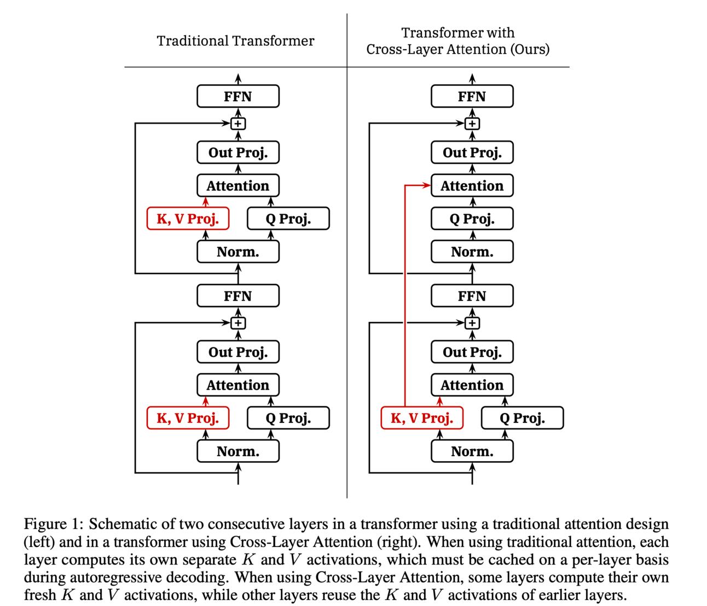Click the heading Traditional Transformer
click(x=235, y=41)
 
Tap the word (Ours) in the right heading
click(x=530, y=49)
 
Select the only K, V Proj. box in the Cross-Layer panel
click(x=422, y=418)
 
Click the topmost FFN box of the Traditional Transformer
click(x=238, y=96)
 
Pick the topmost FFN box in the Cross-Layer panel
click(x=472, y=96)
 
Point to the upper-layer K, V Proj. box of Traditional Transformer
click(x=188, y=219)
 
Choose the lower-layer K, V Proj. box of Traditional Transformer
click(x=188, y=418)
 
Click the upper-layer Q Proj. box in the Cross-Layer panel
click(x=472, y=219)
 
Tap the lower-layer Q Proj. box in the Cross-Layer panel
click(x=522, y=418)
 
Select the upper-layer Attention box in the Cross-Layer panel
click(x=472, y=186)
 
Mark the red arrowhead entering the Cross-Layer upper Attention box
click(x=427, y=186)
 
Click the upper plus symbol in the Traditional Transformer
click(x=238, y=124)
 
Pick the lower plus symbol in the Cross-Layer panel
click(x=472, y=323)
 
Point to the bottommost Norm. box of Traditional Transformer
click(x=238, y=451)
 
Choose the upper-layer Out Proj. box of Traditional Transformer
click(x=238, y=152)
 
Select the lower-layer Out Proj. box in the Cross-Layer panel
click(x=472, y=352)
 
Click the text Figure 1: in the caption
click(x=53, y=524)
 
